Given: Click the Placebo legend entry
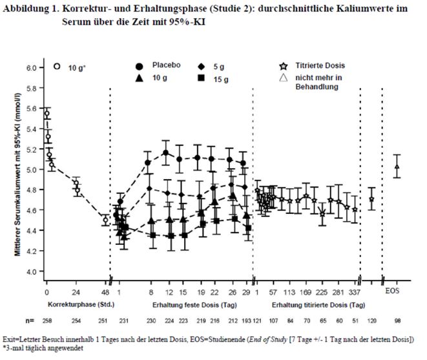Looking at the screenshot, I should tap(165, 65).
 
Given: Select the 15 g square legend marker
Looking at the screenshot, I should tap(202, 78).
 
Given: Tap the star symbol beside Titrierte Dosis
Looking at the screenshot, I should tap(282, 66).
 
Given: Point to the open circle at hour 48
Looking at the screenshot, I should tap(105, 220).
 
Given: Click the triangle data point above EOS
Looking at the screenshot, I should tap(397, 167).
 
